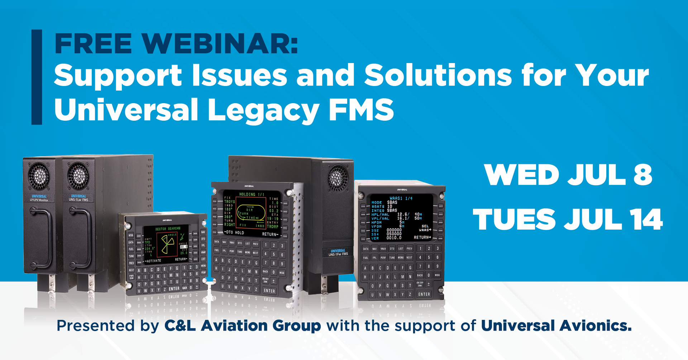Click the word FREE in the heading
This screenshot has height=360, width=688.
click(93, 44)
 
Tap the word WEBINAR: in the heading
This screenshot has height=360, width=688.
click(219, 44)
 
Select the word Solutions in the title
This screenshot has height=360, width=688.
click(438, 76)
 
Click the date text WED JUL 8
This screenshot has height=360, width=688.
click(568, 175)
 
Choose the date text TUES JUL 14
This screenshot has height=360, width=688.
click(568, 219)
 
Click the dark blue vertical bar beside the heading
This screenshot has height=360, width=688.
click(37, 77)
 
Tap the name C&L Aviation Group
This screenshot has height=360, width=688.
click(243, 326)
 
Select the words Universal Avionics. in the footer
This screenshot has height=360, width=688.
click(556, 326)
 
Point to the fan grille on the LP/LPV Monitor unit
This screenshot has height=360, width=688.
click(39, 176)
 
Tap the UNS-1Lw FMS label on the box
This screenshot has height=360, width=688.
click(78, 198)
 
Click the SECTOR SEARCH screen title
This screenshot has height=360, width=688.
click(167, 229)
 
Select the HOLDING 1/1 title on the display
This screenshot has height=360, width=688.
click(252, 195)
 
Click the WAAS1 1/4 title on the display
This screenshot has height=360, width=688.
click(401, 198)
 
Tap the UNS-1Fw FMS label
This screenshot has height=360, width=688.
click(338, 253)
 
